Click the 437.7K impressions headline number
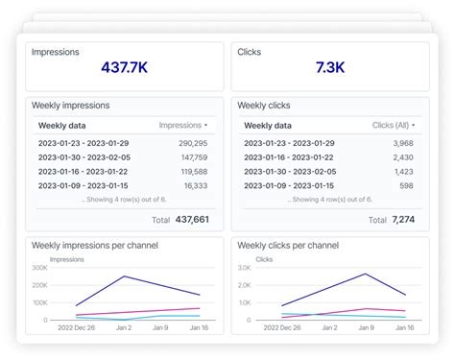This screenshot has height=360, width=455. click(x=125, y=69)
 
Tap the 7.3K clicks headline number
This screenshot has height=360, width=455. click(x=330, y=69)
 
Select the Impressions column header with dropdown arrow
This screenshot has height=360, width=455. click(x=182, y=125)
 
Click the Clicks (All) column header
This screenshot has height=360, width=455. click(x=394, y=125)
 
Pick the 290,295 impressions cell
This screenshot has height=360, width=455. click(x=193, y=143)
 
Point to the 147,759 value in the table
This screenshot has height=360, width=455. click(x=194, y=156)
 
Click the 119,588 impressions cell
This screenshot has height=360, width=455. click(x=194, y=171)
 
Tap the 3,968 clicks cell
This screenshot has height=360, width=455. click(x=402, y=143)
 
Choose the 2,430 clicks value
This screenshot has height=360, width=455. click(x=402, y=156)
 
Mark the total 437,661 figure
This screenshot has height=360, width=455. click(x=191, y=220)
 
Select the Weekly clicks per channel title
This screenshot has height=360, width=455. click(x=287, y=246)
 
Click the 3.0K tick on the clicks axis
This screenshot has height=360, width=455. click(x=243, y=268)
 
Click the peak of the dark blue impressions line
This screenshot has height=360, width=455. click(x=124, y=276)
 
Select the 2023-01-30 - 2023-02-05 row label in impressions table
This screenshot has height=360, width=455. click(x=84, y=156)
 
